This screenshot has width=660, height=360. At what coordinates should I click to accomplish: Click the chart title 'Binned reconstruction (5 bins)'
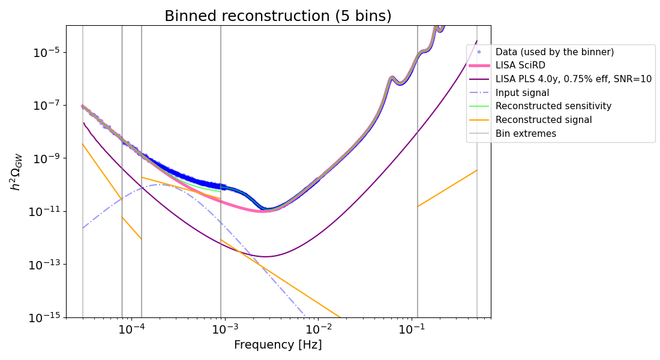(x=278, y=16)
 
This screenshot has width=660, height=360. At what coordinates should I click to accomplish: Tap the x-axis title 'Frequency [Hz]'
(x=278, y=345)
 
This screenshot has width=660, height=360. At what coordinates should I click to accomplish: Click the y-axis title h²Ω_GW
(x=16, y=171)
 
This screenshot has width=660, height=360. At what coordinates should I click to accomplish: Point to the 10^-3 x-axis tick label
(x=224, y=329)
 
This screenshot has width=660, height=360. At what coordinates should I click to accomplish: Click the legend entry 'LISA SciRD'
(x=520, y=65)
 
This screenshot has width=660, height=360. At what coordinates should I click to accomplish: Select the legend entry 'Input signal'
(x=522, y=93)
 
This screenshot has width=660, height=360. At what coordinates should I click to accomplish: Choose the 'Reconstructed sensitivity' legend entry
(x=553, y=106)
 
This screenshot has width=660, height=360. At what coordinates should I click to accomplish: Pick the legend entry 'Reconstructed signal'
(x=544, y=120)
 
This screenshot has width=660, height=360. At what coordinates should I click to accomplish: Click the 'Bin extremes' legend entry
(x=526, y=134)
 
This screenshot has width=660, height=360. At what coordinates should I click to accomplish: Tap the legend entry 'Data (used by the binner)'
(x=554, y=52)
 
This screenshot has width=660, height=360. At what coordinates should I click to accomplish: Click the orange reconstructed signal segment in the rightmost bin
(x=447, y=188)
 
